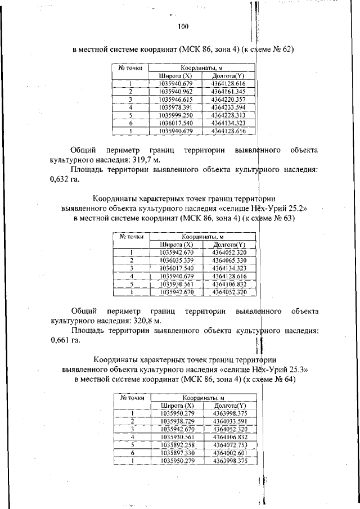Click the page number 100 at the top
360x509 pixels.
[183, 26]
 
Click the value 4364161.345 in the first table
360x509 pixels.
[228, 91]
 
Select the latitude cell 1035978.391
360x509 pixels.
[175, 107]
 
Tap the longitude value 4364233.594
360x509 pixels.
[228, 107]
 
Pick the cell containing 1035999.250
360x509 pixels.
[175, 115]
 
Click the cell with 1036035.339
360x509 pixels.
[176, 260]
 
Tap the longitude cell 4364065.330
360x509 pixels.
[230, 260]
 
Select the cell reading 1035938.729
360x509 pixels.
[177, 420]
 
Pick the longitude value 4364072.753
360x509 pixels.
[232, 444]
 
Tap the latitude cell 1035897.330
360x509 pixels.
[177, 452]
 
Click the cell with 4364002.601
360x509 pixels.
[232, 452]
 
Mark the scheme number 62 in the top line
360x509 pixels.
[289, 49]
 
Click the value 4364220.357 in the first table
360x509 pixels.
[228, 99]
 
